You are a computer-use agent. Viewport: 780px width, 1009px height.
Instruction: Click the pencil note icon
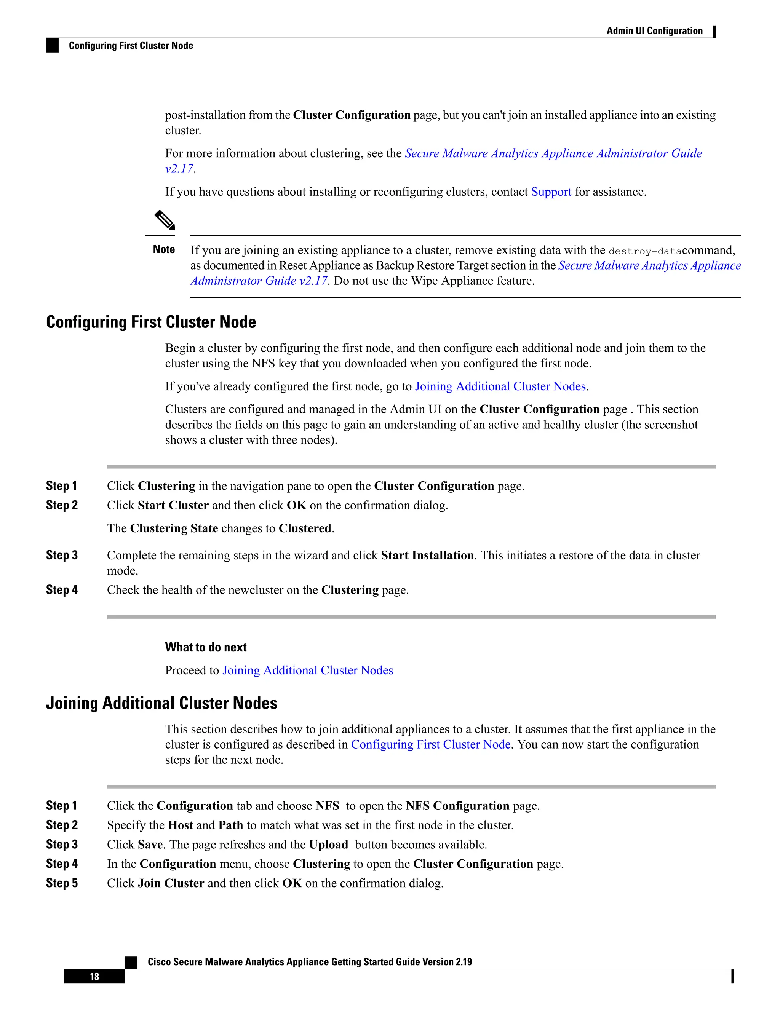coord(165,220)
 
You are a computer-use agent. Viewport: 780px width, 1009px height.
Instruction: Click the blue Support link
coord(551,192)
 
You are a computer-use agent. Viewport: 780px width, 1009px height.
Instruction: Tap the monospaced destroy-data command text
coord(645,251)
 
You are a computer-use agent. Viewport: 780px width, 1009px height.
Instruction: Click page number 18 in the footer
coord(94,976)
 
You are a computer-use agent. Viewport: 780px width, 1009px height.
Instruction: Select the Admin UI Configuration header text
coord(654,31)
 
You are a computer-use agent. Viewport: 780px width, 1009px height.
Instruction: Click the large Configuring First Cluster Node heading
coord(151,322)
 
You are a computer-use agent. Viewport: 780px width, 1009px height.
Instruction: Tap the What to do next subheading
coord(206,647)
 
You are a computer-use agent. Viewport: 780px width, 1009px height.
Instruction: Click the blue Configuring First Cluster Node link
coord(430,744)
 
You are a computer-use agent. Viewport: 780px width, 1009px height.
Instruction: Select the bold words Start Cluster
coord(173,505)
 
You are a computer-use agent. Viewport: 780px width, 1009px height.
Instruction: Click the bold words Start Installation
coord(427,555)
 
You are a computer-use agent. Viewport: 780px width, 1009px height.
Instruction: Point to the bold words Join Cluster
coord(171,883)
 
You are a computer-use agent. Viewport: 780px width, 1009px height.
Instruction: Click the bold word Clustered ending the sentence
coord(305,528)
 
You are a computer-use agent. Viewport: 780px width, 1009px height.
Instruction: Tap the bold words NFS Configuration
coord(457,806)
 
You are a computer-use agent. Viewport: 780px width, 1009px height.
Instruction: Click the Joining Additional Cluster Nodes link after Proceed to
coord(307,671)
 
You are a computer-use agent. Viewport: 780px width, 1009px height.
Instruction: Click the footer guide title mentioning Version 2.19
coord(310,962)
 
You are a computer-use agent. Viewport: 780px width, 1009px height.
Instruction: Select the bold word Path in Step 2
coord(230,825)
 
